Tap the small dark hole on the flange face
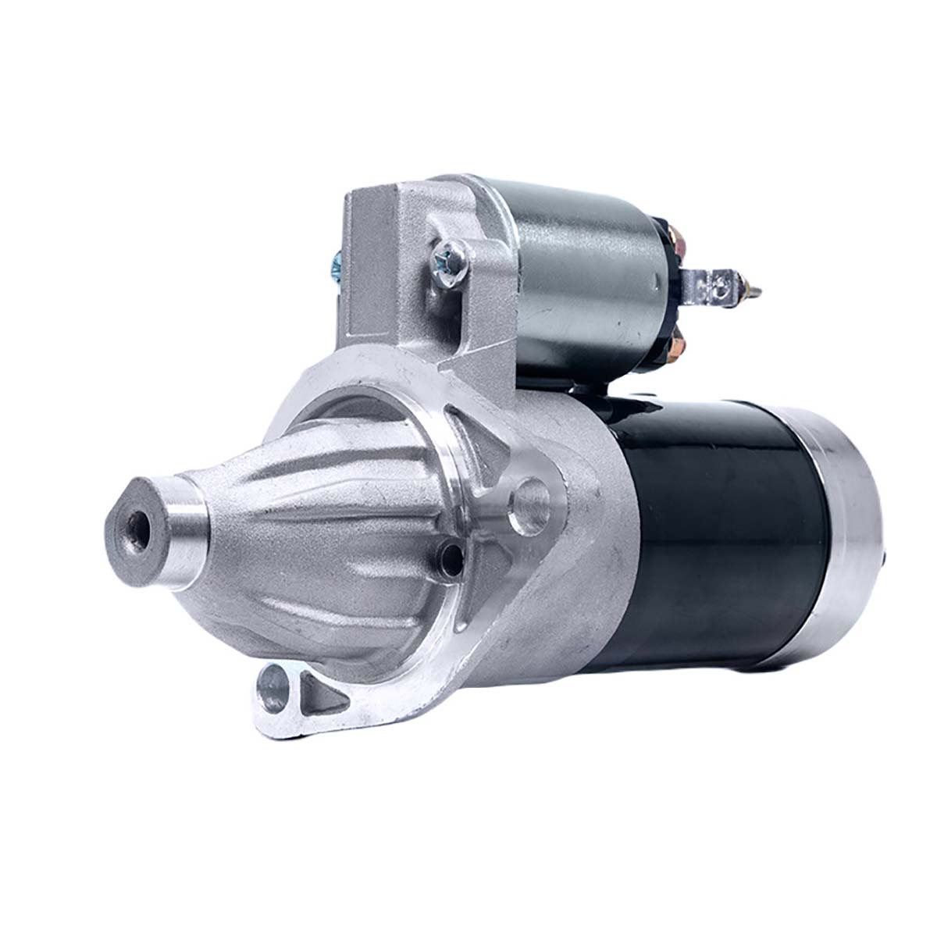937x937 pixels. (451, 557)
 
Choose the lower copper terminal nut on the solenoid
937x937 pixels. (678, 339)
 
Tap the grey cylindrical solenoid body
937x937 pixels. (586, 281)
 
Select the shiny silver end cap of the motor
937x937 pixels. (847, 547)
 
